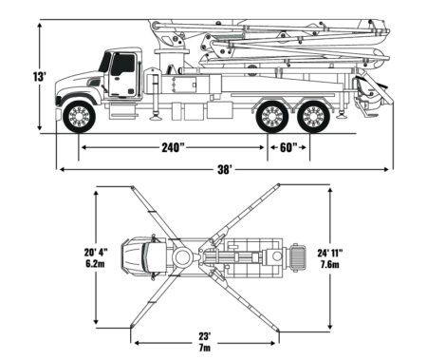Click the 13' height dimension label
click(x=40, y=76)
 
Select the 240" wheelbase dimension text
click(x=173, y=147)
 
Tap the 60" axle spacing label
click(x=288, y=147)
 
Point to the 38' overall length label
click(x=225, y=170)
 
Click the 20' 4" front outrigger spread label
click(x=96, y=253)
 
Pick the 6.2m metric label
click(x=95, y=263)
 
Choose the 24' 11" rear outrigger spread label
click(x=330, y=253)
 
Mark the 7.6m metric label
click(x=330, y=264)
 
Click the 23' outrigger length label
click(x=205, y=335)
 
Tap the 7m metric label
click(x=205, y=348)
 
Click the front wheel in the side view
click(x=79, y=117)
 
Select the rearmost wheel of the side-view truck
click(x=314, y=117)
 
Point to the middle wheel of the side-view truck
click(x=272, y=117)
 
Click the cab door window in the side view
click(x=122, y=64)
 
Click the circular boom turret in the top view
click(x=181, y=257)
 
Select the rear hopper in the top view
click(x=298, y=257)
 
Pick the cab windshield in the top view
click(x=145, y=257)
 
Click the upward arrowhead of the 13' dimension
click(x=40, y=26)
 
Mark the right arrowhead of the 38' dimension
click(x=386, y=170)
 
